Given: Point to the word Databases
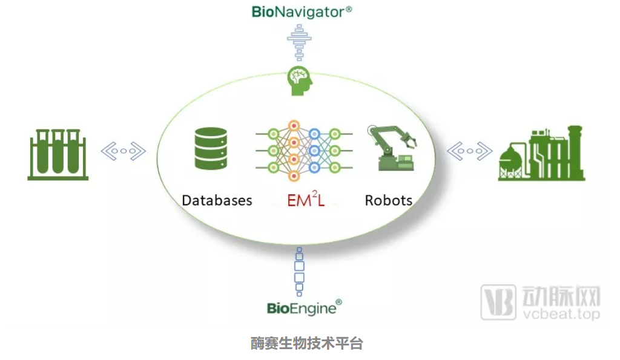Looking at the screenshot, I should point(217,200).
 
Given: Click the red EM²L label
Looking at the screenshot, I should point(306,200).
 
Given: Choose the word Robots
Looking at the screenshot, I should point(388,200).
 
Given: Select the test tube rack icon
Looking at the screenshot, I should point(58,154).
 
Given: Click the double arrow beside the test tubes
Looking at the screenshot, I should point(124,151).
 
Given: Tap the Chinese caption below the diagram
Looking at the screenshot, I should point(307,344).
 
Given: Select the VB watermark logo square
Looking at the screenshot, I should point(498,302).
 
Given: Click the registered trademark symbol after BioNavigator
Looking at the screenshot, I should point(349,10).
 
